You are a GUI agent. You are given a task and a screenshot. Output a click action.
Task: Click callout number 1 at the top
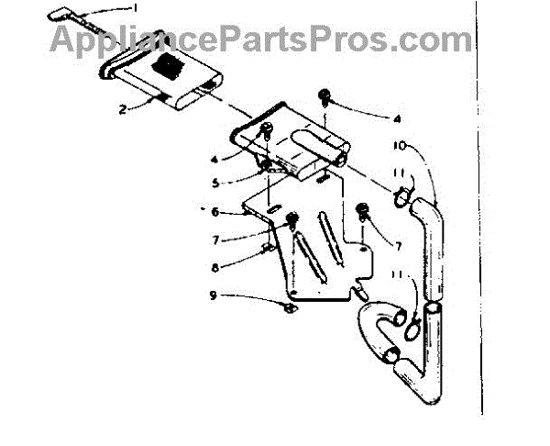tap(135, 7)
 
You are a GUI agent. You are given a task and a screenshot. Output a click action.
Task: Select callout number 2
tap(122, 109)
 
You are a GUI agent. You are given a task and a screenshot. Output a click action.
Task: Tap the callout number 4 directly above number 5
tap(214, 160)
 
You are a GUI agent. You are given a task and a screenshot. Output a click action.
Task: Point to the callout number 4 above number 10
tap(397, 119)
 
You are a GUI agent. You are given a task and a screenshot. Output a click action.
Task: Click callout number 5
tap(215, 183)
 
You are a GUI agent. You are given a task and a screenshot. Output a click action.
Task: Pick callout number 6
tap(214, 212)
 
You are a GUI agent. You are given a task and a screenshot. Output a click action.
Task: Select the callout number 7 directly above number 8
tap(215, 240)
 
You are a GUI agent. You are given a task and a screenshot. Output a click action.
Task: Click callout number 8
tap(215, 268)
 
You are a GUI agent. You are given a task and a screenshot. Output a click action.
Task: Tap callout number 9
tap(214, 295)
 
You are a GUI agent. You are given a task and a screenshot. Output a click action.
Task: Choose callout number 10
tap(400, 145)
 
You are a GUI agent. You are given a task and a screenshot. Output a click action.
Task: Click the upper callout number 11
tap(400, 173)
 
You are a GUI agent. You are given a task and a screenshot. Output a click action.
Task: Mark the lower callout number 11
tap(399, 273)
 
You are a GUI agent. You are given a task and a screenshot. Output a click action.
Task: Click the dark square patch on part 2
tap(168, 66)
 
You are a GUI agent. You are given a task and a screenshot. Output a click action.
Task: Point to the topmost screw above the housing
tap(324, 95)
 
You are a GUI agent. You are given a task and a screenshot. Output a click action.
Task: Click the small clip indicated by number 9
tap(291, 308)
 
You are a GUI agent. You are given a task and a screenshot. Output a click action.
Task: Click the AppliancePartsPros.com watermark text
tap(260, 40)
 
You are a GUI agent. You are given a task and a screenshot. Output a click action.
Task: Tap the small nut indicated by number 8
tap(269, 249)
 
